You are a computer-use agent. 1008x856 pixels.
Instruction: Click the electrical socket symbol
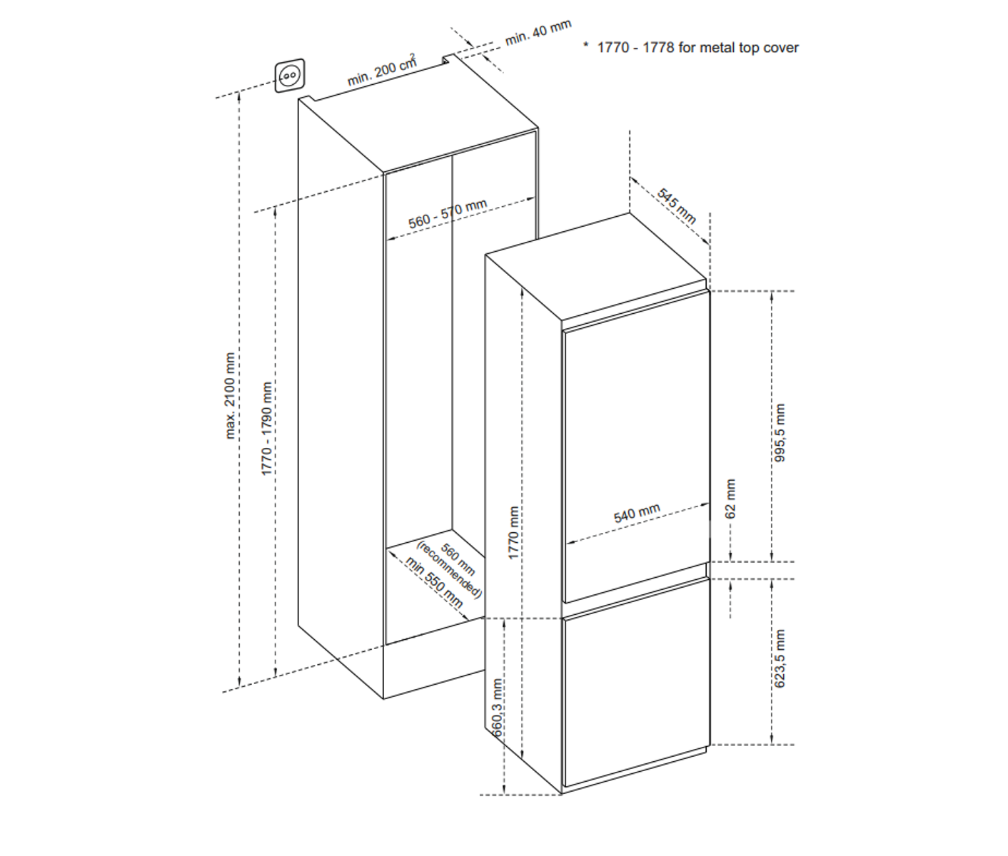[x=290, y=76]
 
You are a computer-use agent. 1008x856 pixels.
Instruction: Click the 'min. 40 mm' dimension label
[x=538, y=33]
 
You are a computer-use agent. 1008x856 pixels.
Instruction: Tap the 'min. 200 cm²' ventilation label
[x=382, y=70]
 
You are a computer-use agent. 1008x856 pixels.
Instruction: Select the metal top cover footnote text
[x=698, y=48]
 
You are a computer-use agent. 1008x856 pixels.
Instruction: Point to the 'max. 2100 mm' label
[x=230, y=396]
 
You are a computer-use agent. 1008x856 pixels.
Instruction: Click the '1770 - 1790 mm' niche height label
[x=267, y=429]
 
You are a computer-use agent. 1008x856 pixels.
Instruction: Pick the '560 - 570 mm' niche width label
[x=448, y=214]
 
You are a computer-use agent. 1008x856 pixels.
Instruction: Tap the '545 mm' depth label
[x=676, y=206]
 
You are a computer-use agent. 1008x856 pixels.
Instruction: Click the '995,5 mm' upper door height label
[x=780, y=433]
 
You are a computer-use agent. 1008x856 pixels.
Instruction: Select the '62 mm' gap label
[x=730, y=499]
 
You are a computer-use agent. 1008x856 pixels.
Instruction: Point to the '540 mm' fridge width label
[x=637, y=514]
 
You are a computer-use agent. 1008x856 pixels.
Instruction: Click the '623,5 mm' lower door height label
[x=780, y=658]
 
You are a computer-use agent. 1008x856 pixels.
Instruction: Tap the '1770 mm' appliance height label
[x=513, y=533]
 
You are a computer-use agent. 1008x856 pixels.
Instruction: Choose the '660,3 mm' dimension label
[x=497, y=708]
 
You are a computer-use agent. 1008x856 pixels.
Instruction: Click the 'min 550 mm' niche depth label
[x=434, y=582]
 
